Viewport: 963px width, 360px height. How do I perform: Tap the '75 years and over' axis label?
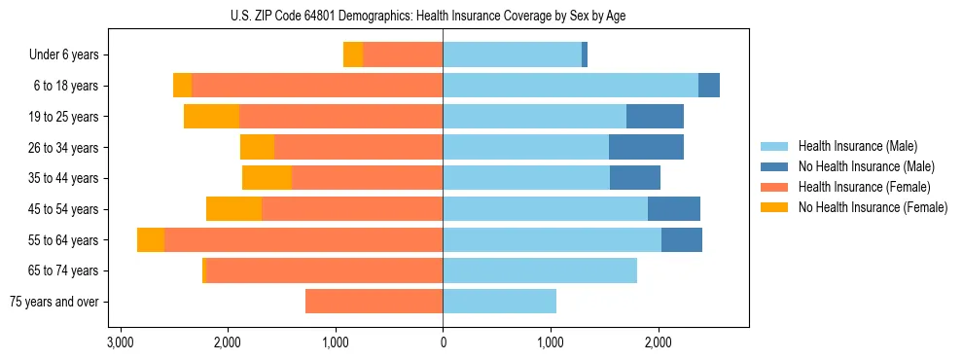[54, 302]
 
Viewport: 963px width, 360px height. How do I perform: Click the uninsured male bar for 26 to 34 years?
[646, 147]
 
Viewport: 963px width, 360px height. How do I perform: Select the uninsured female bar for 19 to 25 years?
[211, 117]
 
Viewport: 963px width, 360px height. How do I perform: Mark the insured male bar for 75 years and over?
[499, 302]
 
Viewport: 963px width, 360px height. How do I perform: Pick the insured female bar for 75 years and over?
[374, 302]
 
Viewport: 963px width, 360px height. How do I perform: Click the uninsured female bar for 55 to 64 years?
[151, 240]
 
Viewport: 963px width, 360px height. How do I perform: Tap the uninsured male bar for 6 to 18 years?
[709, 86]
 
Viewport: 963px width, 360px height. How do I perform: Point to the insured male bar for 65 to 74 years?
[540, 270]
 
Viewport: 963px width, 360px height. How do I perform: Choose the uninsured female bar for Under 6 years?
[353, 55]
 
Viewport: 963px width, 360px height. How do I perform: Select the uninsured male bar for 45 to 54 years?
[674, 209]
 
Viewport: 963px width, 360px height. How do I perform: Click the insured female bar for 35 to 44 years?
[367, 178]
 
